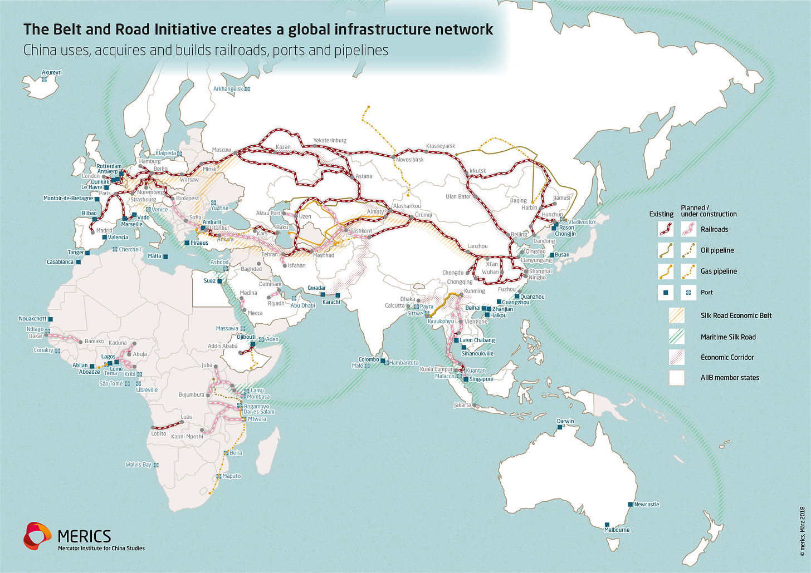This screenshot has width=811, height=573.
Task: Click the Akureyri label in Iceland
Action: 52,72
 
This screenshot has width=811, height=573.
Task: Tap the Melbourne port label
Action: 617,530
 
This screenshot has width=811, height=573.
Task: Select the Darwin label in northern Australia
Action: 565,421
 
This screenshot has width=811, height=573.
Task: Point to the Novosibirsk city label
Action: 410,160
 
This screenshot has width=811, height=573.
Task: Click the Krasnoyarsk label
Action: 440,146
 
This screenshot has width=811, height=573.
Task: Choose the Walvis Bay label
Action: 138,465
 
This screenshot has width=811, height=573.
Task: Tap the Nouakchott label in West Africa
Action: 32,319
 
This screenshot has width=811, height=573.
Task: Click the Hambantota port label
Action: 403,363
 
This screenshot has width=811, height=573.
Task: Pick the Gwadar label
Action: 316,288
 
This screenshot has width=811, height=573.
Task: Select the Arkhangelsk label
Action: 228,89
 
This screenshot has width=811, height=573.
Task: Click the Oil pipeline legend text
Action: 717,250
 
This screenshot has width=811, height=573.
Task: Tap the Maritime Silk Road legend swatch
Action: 676,337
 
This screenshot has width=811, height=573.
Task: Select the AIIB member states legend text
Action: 730,378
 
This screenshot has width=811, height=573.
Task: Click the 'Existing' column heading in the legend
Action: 661,214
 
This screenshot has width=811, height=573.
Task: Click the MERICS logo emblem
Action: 37,536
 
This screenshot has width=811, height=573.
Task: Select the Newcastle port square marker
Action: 631,504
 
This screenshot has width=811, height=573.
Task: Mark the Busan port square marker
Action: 551,255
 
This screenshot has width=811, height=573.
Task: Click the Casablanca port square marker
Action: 78,261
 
